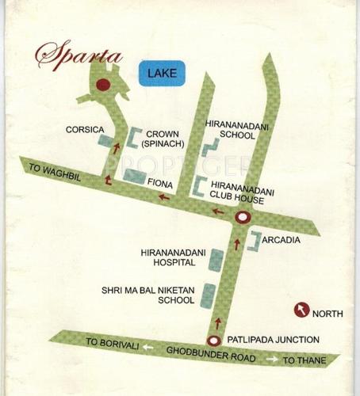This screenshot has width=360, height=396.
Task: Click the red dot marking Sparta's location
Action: tap(102, 85)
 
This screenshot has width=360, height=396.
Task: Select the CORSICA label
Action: tap(85, 128)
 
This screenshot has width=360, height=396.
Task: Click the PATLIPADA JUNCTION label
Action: tap(274, 340)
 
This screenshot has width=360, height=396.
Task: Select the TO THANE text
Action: tap(303, 360)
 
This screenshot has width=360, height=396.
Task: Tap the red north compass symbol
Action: tap(301, 310)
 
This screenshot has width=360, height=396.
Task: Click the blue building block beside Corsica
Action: tap(104, 142)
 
